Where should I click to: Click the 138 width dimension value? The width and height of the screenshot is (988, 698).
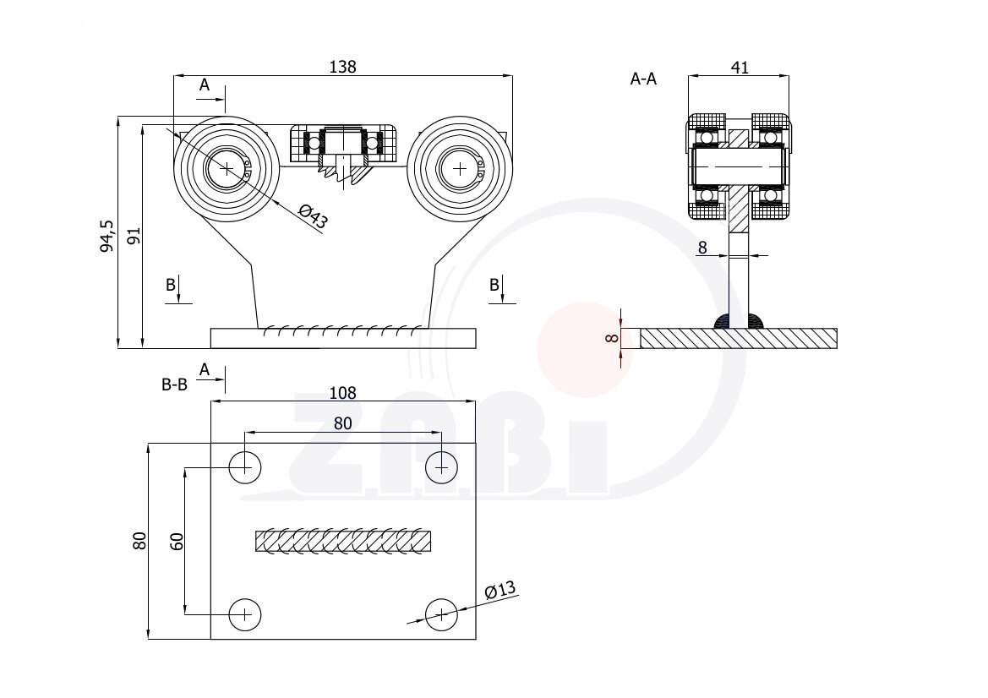[342, 67]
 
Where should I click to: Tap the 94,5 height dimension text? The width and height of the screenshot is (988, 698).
[106, 237]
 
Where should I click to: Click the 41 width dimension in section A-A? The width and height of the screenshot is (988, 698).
[739, 68]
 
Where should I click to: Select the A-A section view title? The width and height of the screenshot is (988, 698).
[644, 79]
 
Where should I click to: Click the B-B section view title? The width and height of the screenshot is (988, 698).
[174, 384]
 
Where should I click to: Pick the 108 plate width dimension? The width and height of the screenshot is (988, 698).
[342, 393]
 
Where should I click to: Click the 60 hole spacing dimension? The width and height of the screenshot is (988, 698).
[177, 542]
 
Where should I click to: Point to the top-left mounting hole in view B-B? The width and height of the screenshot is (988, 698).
[245, 466]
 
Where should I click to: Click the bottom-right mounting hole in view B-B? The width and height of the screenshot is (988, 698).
[440, 614]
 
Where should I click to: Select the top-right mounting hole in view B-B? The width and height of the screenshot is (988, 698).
[440, 466]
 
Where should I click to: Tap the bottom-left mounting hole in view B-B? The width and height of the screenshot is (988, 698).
[245, 614]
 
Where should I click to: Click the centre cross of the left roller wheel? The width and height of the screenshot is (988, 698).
[227, 168]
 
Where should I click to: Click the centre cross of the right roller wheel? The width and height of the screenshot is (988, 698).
[460, 168]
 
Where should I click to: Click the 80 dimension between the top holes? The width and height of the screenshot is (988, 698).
[342, 424]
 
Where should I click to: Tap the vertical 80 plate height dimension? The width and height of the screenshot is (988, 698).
[140, 541]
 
